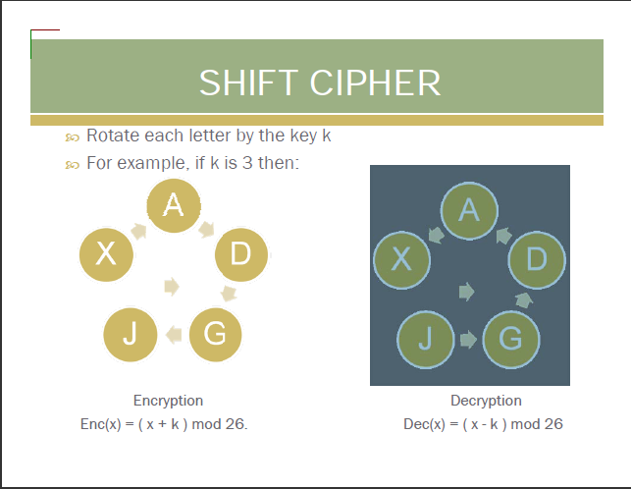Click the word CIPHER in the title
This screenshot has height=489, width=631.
pyautogui.click(x=375, y=82)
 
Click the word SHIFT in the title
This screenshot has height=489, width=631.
pyautogui.click(x=248, y=82)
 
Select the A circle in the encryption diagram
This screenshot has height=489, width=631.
pyautogui.click(x=174, y=205)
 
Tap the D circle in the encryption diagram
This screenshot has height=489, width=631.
pyautogui.click(x=241, y=254)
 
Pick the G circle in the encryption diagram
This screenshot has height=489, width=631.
pyautogui.click(x=215, y=334)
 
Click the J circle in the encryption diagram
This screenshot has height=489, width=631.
pyautogui.click(x=130, y=334)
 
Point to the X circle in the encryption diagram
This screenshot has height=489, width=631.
pyautogui.click(x=106, y=253)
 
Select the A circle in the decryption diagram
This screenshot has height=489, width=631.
pyautogui.click(x=469, y=211)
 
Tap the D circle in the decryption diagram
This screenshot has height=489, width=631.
pyautogui.click(x=537, y=260)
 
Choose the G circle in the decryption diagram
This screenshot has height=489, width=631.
pyautogui.click(x=511, y=340)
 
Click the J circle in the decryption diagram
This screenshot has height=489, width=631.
pyautogui.click(x=426, y=340)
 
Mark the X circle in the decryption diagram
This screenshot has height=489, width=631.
pyautogui.click(x=401, y=260)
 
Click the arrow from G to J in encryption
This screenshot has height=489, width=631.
pyautogui.click(x=174, y=334)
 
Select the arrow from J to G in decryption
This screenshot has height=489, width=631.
pyautogui.click(x=468, y=340)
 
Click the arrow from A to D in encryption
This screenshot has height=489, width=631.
pyautogui.click(x=206, y=229)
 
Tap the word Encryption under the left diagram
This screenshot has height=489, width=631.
pyautogui.click(x=168, y=401)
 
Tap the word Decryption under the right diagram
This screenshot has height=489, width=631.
pyautogui.click(x=486, y=401)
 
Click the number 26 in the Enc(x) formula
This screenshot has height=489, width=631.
pyautogui.click(x=235, y=424)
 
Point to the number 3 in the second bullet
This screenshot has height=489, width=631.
pyautogui.click(x=247, y=163)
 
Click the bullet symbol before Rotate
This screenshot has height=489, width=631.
pyautogui.click(x=72, y=137)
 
